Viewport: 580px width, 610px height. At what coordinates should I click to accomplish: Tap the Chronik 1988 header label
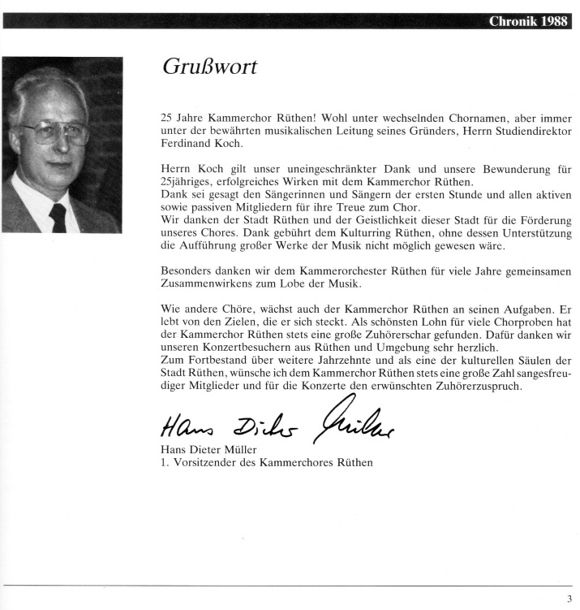[527, 21]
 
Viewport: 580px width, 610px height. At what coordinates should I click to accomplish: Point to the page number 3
[569, 599]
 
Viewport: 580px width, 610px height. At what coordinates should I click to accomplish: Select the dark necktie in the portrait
[58, 218]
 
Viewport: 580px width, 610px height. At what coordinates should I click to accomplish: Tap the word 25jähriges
[183, 183]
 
